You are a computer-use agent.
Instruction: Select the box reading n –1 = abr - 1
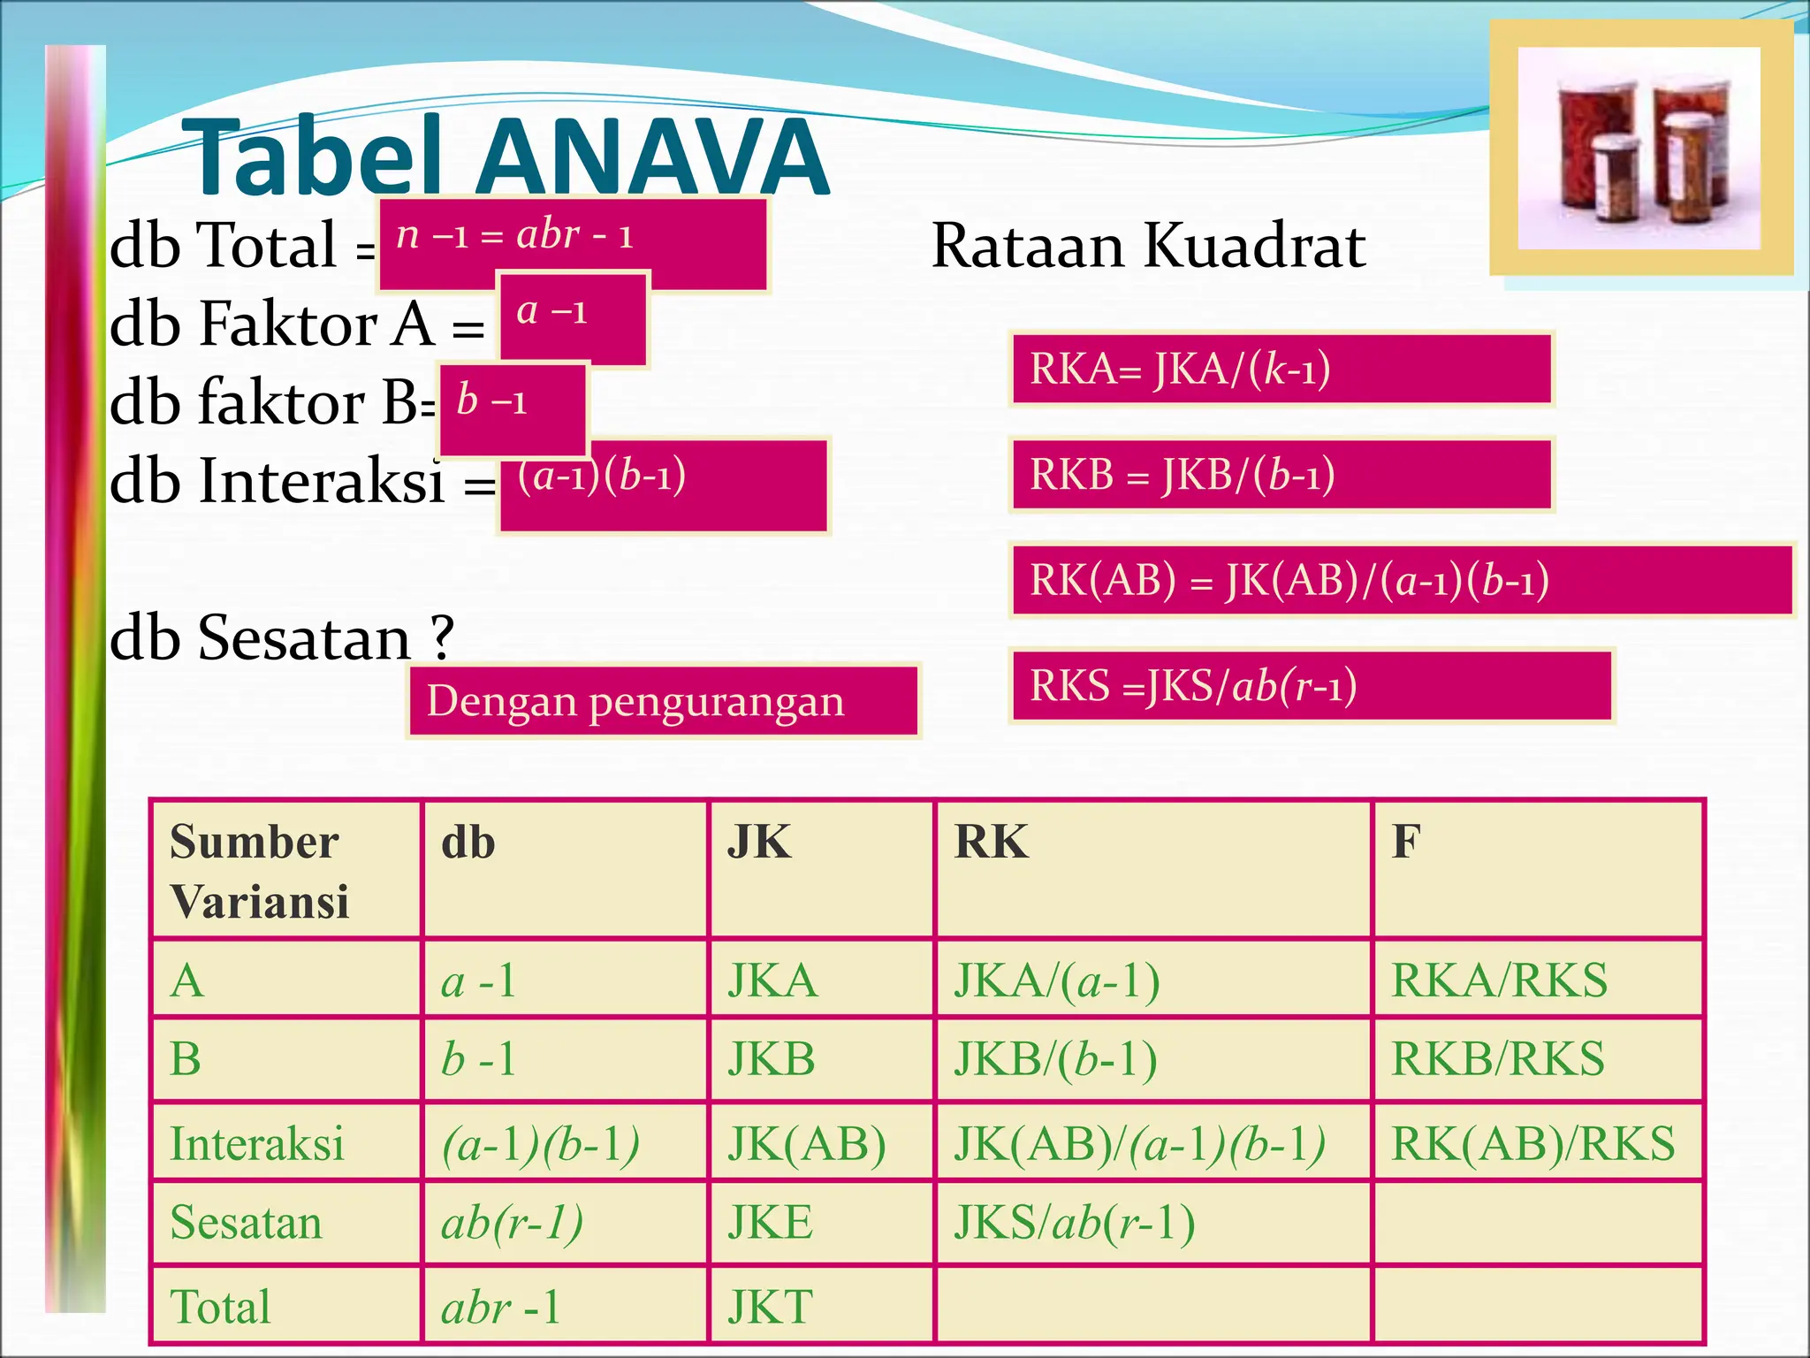(573, 244)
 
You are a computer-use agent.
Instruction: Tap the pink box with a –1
(574, 318)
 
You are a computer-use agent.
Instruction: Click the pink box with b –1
(513, 408)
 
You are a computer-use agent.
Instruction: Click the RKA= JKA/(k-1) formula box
(1281, 370)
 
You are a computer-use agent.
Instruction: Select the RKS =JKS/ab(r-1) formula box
(1311, 686)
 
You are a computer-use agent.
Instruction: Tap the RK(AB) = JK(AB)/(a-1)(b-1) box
(1401, 581)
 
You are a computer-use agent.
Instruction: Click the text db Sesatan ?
(281, 637)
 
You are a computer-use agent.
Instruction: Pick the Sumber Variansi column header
(285, 870)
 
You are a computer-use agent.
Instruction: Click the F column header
(1537, 870)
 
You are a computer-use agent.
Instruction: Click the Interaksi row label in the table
(257, 1143)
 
